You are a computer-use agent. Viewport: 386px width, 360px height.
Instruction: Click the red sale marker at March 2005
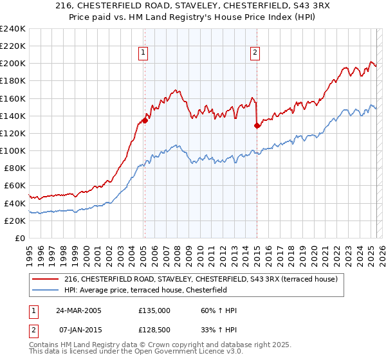tap(145, 120)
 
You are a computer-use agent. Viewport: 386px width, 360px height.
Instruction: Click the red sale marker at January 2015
tap(257, 126)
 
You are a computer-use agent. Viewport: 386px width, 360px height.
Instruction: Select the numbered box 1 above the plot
tap(142, 53)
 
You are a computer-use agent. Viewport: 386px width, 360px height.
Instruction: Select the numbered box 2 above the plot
tap(255, 53)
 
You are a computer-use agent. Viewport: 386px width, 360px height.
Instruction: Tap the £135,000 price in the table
tap(154, 310)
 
